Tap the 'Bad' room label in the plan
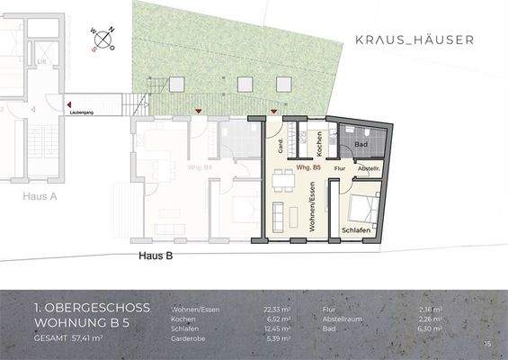(361, 144)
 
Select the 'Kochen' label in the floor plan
(318, 142)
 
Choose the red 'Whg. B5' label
(296, 168)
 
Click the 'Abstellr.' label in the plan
(370, 168)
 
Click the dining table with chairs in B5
(282, 180)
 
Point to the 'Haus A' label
(40, 193)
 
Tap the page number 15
(487, 344)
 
